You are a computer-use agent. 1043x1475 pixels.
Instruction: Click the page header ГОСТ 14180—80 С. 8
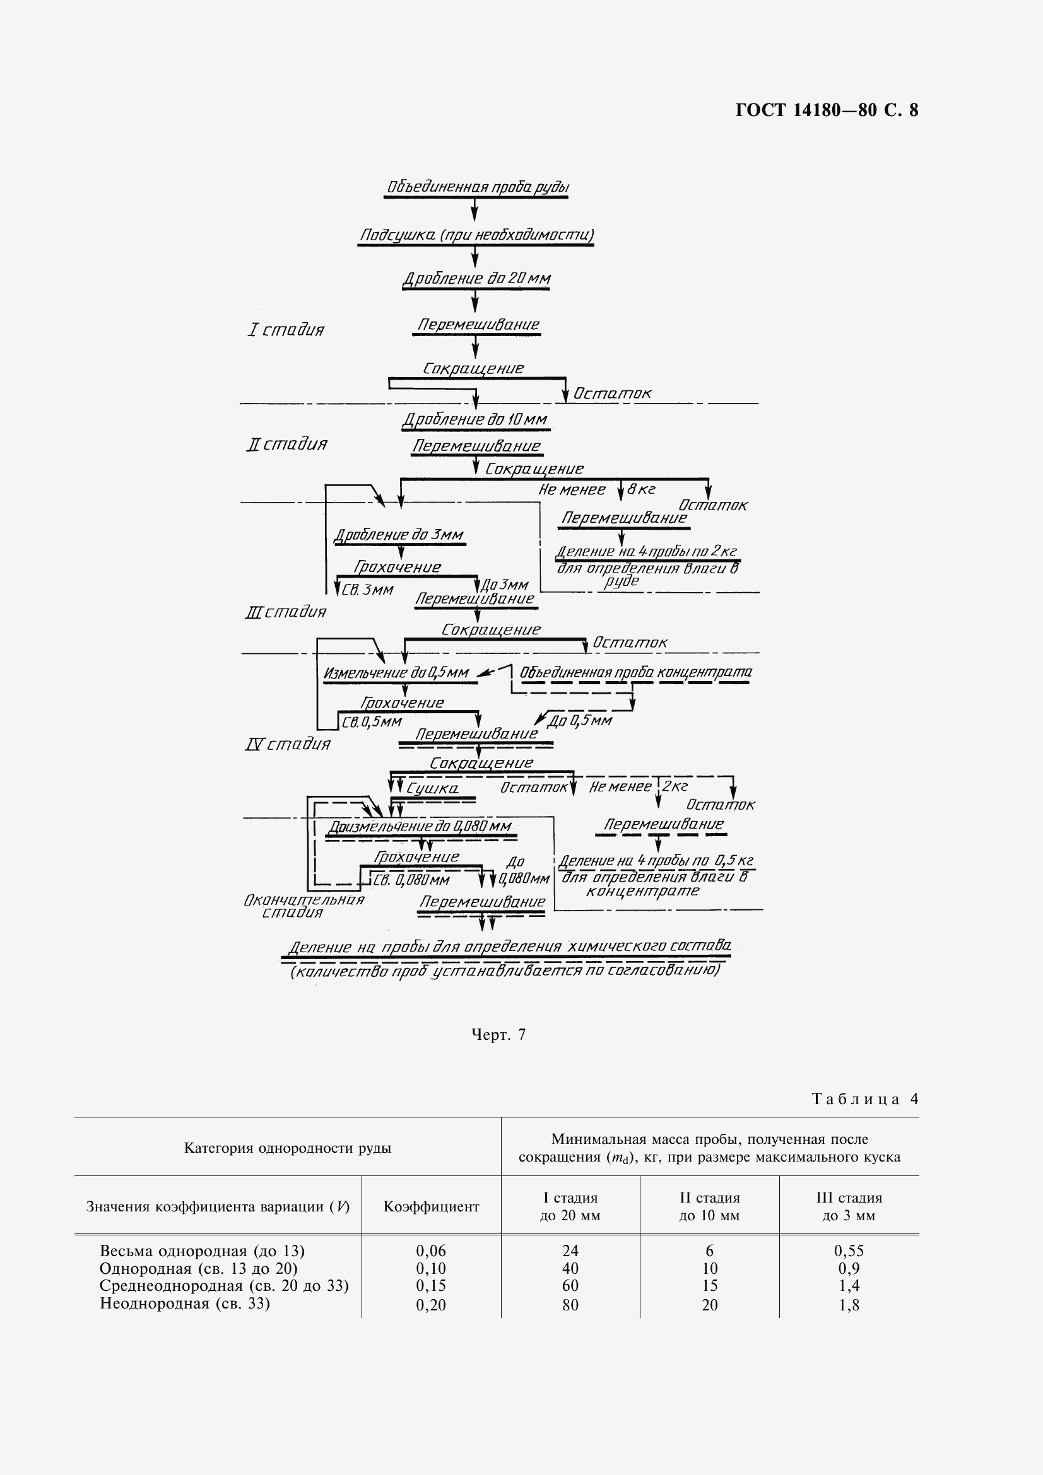pos(827,110)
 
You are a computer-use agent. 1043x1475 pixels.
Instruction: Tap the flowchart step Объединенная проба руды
pos(477,187)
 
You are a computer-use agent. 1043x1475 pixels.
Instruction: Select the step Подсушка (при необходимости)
pos(476,235)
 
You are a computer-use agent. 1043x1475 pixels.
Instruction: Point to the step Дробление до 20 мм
pos(476,279)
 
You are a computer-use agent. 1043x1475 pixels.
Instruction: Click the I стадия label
pos(286,330)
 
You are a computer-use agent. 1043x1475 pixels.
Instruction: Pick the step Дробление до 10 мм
pos(475,420)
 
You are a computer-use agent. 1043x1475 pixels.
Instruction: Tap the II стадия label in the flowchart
pos(286,445)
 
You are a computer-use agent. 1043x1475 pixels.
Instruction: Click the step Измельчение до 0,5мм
pos(396,673)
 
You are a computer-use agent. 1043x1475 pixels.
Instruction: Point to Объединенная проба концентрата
pos(635,672)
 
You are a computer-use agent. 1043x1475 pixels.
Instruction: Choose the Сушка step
pos(432,788)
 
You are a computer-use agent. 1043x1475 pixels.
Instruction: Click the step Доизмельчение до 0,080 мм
pos(420,827)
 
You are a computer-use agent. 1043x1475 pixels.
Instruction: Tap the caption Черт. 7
pos(498,1034)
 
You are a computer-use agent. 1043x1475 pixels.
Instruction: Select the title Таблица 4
pos(865,1099)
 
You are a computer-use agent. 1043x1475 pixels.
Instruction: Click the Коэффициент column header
pos(431,1206)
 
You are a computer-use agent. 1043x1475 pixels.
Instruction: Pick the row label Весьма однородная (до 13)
pos(202,1251)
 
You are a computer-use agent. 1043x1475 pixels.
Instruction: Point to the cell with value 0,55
pos(848,1251)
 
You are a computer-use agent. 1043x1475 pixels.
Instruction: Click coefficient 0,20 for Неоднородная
pos(431,1305)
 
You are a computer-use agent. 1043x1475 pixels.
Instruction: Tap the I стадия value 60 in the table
pos(570,1285)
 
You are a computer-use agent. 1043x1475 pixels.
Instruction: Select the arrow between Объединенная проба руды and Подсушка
pos(475,210)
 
